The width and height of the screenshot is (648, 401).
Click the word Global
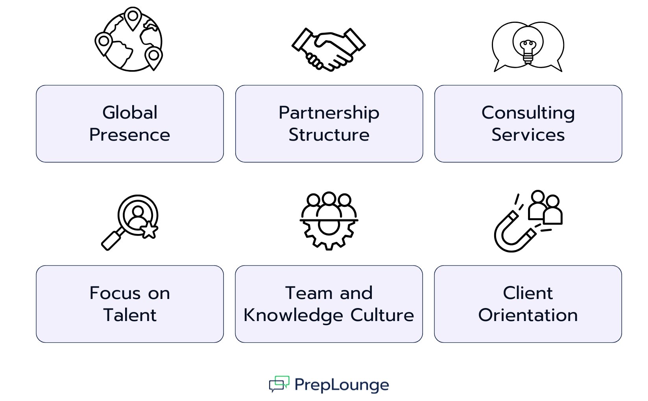click(130, 113)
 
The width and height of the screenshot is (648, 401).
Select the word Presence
click(129, 135)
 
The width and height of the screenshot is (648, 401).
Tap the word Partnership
click(329, 113)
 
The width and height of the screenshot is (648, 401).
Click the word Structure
click(329, 135)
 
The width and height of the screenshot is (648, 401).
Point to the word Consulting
click(528, 113)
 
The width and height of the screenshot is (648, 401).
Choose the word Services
click(528, 135)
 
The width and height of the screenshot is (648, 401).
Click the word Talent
click(130, 315)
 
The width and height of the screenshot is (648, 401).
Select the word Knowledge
click(293, 316)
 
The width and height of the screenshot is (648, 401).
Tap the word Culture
click(382, 315)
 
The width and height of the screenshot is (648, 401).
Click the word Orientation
click(528, 315)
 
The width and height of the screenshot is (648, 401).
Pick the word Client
click(528, 293)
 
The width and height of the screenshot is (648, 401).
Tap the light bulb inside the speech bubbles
click(528, 49)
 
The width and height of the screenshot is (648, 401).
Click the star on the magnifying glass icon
click(149, 230)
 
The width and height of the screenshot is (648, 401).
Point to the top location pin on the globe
click(133, 17)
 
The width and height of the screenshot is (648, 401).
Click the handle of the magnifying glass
click(111, 240)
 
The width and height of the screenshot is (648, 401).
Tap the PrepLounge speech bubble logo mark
click(279, 384)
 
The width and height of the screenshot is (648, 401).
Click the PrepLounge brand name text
click(342, 385)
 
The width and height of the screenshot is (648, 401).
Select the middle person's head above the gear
click(329, 198)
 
